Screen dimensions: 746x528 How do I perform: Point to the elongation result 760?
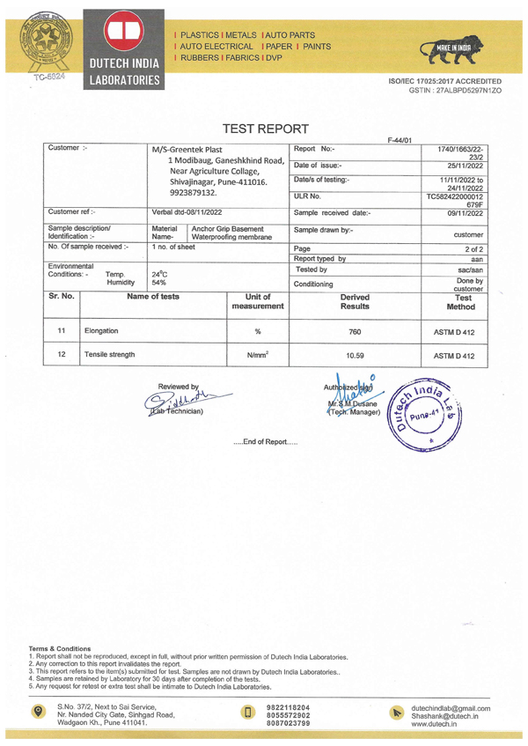click(356, 331)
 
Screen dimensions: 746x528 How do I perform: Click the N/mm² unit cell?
click(258, 356)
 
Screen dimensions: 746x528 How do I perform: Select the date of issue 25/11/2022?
click(463, 165)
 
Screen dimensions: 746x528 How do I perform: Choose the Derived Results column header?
click(356, 303)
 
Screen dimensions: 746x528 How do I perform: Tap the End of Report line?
click(265, 441)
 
